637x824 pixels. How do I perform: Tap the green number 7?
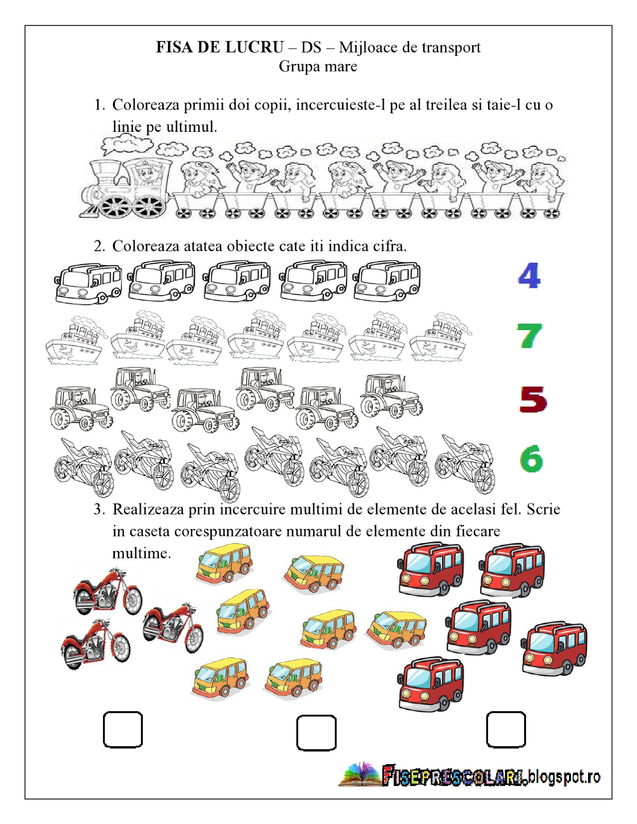529,336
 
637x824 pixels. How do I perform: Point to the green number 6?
531,458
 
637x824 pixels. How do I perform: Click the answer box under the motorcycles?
123,729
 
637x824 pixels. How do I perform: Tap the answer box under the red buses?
506,729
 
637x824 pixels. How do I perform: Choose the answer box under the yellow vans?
316,732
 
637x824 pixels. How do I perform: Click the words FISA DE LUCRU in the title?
220,47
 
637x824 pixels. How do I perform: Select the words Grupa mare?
318,66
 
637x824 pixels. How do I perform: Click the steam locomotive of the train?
126,188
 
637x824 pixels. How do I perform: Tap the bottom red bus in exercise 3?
431,683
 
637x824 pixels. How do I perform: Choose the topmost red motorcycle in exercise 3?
107,591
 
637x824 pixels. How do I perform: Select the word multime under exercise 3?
141,553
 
